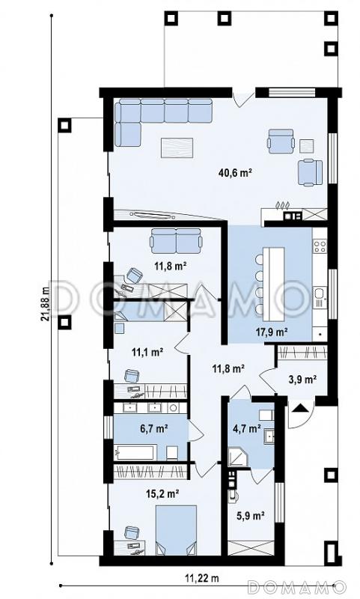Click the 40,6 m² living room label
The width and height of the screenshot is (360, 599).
[x=236, y=173]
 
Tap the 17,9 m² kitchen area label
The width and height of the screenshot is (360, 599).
[x=272, y=332]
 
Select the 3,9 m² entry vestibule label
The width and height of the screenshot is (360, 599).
[x=302, y=380]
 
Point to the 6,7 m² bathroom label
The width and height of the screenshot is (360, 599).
[x=154, y=428]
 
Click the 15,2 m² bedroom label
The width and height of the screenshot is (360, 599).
[x=163, y=494]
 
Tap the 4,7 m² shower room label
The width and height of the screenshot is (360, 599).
[x=247, y=428]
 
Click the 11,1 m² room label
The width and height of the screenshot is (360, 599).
[x=147, y=352]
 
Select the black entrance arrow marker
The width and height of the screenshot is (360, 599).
[x=300, y=408]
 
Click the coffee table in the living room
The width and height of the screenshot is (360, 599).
[x=177, y=148]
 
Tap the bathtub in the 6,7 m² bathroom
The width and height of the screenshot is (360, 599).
[x=135, y=453]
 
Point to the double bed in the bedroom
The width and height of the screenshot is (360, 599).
[x=177, y=530]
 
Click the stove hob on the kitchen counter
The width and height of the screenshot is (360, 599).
[x=320, y=246]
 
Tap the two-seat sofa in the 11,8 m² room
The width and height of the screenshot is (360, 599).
[x=176, y=241]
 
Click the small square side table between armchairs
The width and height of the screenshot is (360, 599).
[x=307, y=146]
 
